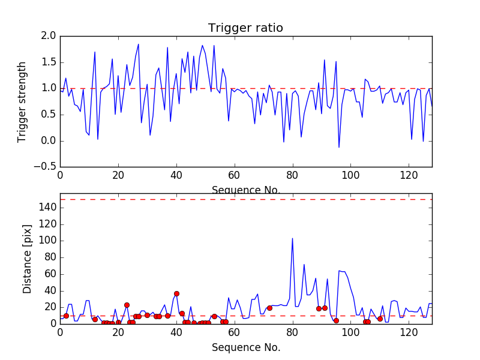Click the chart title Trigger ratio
[245, 28]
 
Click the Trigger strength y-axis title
[22, 101]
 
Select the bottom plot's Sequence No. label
[245, 347]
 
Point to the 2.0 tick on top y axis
[49, 36]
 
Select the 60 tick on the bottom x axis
[234, 332]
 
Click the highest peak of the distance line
[292, 238]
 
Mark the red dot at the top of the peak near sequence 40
[176, 293]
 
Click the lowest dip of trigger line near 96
[339, 147]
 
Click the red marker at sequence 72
[269, 308]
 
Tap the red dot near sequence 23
[127, 305]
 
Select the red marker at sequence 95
[336, 320]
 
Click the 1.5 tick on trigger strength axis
[49, 62]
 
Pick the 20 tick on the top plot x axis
[118, 176]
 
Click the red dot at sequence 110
[380, 319]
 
